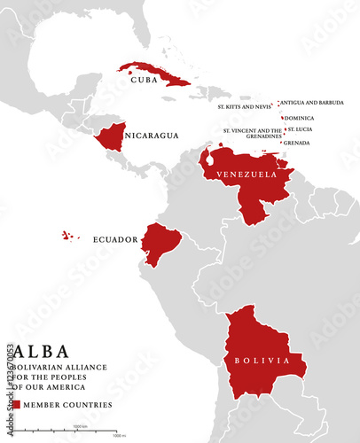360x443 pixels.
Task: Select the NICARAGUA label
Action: tap(152, 136)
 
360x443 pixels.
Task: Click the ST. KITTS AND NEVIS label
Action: tap(246, 106)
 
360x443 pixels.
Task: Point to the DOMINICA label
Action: tap(300, 118)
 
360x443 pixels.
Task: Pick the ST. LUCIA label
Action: tap(300, 129)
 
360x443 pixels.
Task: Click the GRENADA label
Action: tap(296, 143)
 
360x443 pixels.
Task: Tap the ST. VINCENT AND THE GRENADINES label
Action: tap(252, 133)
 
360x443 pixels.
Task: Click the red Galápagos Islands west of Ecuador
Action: tap(68, 236)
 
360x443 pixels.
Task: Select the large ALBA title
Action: tap(39, 352)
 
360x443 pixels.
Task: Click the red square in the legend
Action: tap(16, 404)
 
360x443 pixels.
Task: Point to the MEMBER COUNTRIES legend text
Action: tap(67, 405)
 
